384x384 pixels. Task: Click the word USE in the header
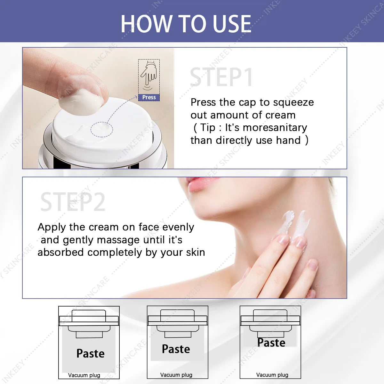[232, 24]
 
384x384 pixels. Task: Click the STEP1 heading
[221, 77]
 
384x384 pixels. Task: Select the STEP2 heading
[73, 202]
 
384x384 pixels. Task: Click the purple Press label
[149, 97]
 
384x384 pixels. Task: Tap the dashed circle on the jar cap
[102, 130]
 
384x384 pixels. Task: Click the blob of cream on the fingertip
[81, 102]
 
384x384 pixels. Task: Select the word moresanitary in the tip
[275, 128]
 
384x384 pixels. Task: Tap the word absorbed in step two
[60, 252]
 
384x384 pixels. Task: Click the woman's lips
[201, 185]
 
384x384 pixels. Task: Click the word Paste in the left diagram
[91, 354]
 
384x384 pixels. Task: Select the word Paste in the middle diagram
[176, 349]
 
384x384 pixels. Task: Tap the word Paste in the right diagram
[271, 343]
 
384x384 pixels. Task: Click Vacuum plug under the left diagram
[84, 375]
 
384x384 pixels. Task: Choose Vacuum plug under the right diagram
[272, 375]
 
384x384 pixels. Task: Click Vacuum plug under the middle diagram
[176, 375]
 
